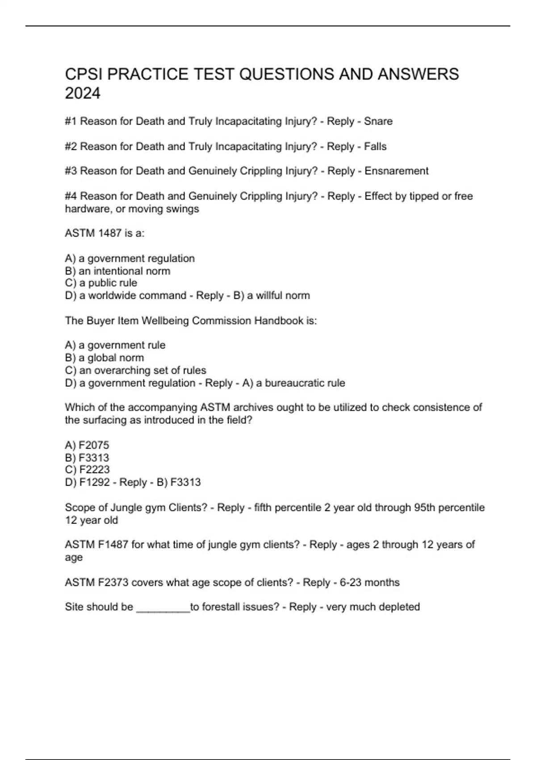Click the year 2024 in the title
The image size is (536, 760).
click(x=83, y=93)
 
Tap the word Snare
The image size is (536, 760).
click(x=378, y=121)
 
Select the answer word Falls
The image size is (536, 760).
click(x=375, y=146)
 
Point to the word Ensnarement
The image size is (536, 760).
click(x=396, y=171)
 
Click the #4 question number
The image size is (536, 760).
click(x=71, y=196)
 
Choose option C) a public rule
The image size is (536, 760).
click(x=101, y=283)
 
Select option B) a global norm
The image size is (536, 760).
click(x=105, y=358)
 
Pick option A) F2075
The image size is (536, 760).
click(x=87, y=445)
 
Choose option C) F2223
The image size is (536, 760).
click(x=87, y=469)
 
